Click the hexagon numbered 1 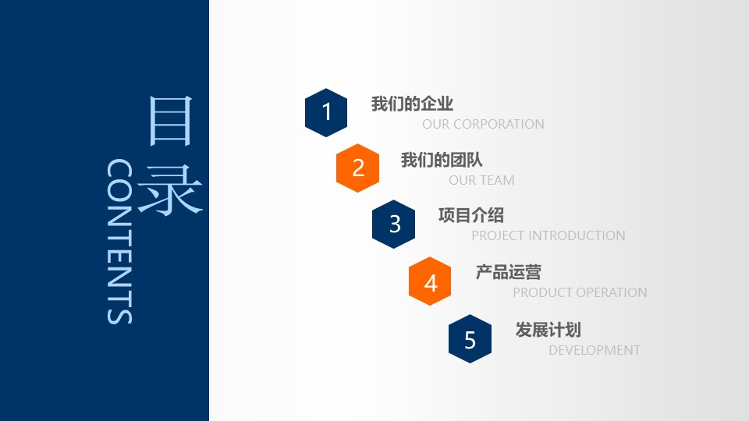(326, 112)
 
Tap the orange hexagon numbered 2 (358, 168)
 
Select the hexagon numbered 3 (395, 225)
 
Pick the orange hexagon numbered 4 (431, 282)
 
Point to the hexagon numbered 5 (470, 340)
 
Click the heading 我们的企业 (412, 104)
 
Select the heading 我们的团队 (442, 161)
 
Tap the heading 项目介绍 (470, 216)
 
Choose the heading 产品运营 (508, 272)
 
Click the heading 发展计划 (548, 330)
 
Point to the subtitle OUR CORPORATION (483, 124)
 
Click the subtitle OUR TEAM (481, 180)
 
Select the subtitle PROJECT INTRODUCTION (548, 235)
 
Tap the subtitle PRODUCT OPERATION (580, 292)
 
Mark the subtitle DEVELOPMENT (594, 350)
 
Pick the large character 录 (170, 189)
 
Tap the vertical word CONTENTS (119, 242)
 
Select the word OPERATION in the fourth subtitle (612, 292)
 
